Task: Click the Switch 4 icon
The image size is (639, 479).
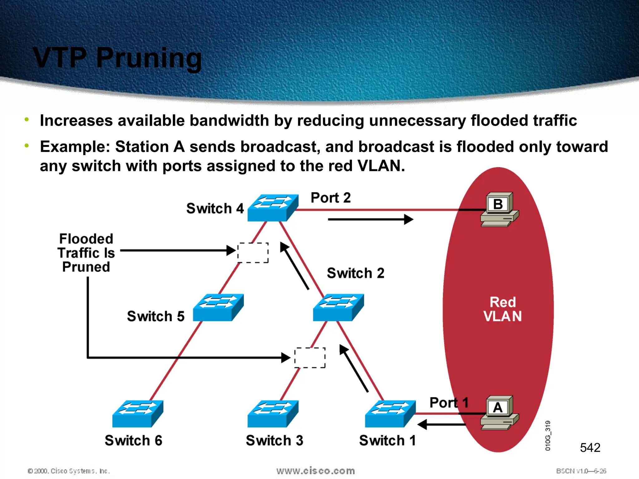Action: pyautogui.click(x=273, y=208)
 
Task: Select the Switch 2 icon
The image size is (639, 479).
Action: pyautogui.click(x=338, y=307)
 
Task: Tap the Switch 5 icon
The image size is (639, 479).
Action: pyautogui.click(x=218, y=307)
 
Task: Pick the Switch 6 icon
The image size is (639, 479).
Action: pyautogui.click(x=138, y=414)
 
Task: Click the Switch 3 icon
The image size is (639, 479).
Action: pyautogui.click(x=273, y=414)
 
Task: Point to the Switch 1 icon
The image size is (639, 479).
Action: pyautogui.click(x=390, y=414)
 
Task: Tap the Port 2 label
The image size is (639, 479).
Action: pyautogui.click(x=330, y=198)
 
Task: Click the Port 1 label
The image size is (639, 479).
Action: pyautogui.click(x=449, y=403)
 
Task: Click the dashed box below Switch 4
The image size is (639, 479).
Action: pyautogui.click(x=253, y=253)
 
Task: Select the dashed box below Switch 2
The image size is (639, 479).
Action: pyautogui.click(x=310, y=358)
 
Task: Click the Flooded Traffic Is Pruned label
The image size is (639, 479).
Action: pyautogui.click(x=86, y=253)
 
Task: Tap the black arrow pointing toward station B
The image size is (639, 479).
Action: pyautogui.click(x=370, y=220)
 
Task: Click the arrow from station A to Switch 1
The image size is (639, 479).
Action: pyautogui.click(x=441, y=424)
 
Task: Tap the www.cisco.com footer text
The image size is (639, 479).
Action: pyautogui.click(x=315, y=471)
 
